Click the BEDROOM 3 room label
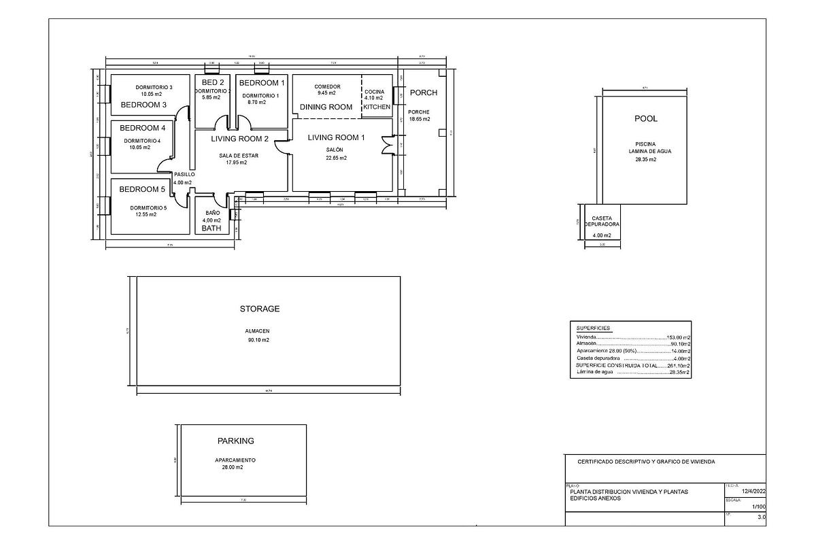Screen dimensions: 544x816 [x=143, y=105]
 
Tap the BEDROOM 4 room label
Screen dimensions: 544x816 [x=143, y=128]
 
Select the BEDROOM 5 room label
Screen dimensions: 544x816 [x=143, y=189]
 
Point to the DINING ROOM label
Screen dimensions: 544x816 [x=326, y=107]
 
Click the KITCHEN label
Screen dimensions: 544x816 [x=377, y=107]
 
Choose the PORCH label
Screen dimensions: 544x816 [x=424, y=92]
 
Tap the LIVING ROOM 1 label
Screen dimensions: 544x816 [x=336, y=137]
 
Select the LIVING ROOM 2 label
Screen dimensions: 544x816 [x=239, y=139]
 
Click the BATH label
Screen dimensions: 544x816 [x=212, y=229]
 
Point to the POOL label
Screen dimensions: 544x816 [x=646, y=118]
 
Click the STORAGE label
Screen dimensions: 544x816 [x=259, y=309]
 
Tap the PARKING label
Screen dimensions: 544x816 [x=235, y=441]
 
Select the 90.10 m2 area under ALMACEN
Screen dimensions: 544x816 [x=258, y=340]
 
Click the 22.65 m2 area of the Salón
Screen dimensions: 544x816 [x=336, y=158]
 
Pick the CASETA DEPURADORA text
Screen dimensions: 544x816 [x=601, y=221]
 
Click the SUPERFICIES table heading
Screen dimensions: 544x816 [x=593, y=328]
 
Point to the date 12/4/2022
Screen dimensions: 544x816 [x=753, y=490]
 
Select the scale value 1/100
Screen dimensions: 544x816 [x=758, y=507]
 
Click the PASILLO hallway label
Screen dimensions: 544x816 [x=184, y=174]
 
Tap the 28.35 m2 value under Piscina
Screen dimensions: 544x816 [x=645, y=160]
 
